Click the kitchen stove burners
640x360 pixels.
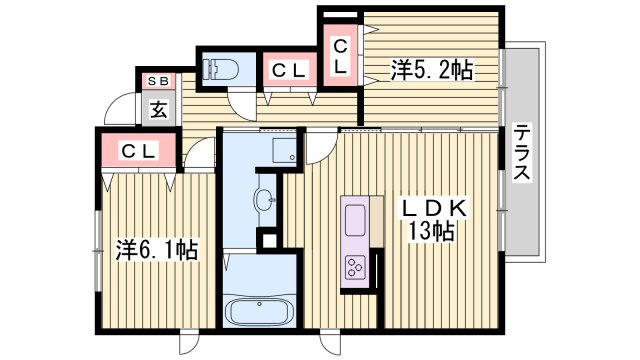pyautogui.click(x=356, y=265)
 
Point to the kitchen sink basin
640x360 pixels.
pyautogui.click(x=356, y=216)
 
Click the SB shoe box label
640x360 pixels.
pyautogui.click(x=159, y=81)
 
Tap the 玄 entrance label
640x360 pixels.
pyautogui.click(x=160, y=108)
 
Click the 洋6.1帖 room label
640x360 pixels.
pyautogui.click(x=157, y=249)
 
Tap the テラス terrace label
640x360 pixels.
pyautogui.click(x=522, y=152)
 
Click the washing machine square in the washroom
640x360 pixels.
pyautogui.click(x=284, y=151)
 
